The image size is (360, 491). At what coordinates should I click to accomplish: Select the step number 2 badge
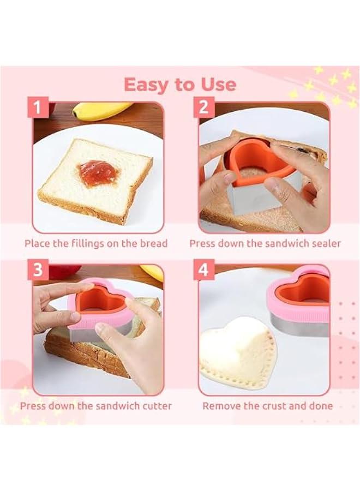(x=203, y=108)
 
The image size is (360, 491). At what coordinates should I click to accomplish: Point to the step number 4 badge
(x=203, y=271)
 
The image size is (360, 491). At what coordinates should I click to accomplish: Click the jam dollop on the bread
(x=99, y=172)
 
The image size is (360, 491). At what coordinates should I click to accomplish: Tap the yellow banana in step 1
(x=101, y=111)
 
